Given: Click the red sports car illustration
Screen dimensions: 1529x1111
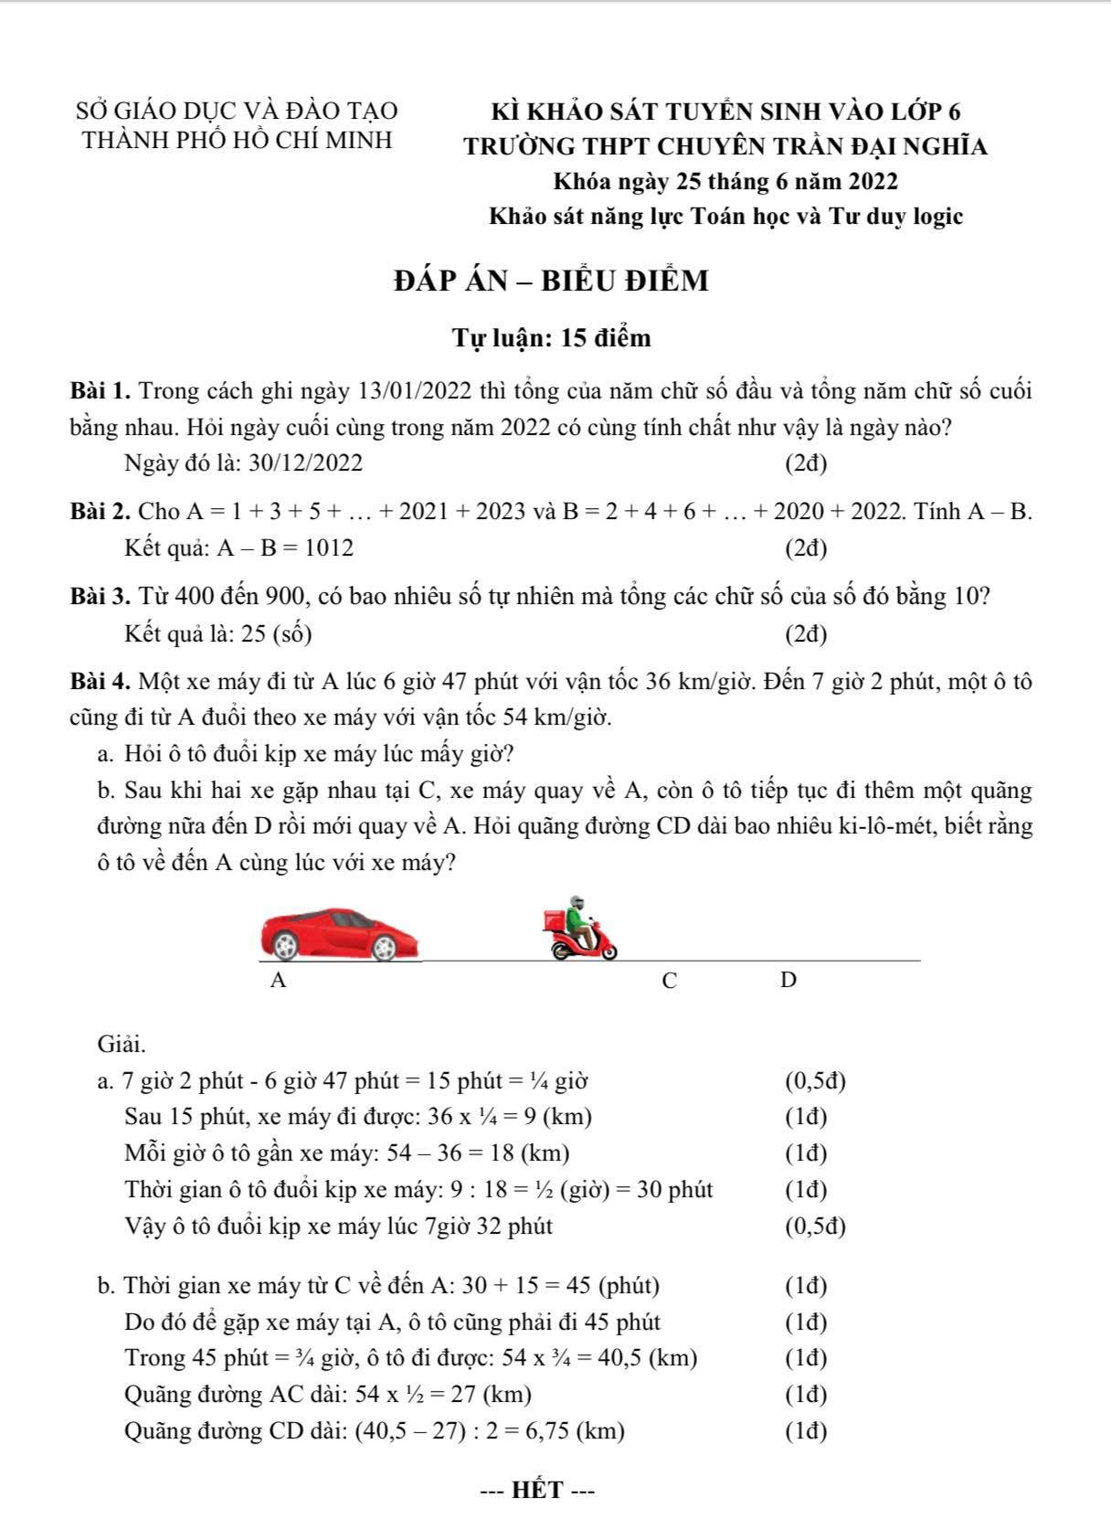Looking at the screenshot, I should [x=340, y=934].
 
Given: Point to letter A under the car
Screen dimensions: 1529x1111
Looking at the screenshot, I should [x=280, y=981].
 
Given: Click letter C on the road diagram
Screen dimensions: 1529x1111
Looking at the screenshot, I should [x=670, y=982].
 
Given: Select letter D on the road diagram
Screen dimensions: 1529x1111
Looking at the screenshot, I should [x=788, y=981].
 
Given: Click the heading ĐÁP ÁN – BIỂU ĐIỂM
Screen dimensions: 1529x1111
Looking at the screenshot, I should [x=551, y=281].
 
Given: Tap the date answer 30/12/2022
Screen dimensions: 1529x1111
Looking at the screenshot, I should [x=305, y=463].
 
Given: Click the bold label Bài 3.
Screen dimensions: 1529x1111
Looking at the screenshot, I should [x=101, y=597].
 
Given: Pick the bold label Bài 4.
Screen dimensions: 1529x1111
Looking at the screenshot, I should [x=101, y=682].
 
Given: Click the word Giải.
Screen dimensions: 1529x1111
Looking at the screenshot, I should [x=122, y=1043].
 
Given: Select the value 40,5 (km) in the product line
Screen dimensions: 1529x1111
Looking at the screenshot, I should [x=648, y=1358].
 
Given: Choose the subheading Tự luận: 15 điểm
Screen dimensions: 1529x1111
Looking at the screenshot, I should [x=552, y=338].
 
